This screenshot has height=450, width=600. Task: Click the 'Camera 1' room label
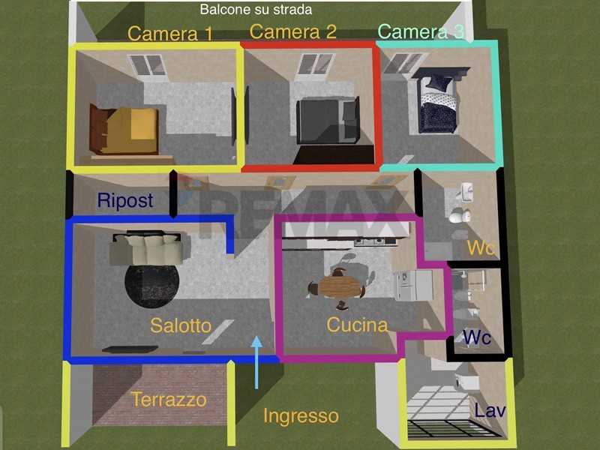(x=170, y=34)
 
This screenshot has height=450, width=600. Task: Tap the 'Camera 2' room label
(x=293, y=31)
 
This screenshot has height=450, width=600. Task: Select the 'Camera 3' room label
(x=421, y=31)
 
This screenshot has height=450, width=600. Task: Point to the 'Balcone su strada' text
(x=256, y=10)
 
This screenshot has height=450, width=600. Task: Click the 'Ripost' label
(x=125, y=201)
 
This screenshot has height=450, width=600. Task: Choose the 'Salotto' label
(x=181, y=325)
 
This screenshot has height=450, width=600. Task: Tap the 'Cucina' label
(x=357, y=325)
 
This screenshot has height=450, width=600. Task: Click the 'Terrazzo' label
(x=169, y=399)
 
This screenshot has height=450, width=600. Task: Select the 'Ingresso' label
(x=301, y=415)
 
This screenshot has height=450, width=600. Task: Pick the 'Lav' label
(x=490, y=411)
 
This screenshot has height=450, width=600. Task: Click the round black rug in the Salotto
(x=152, y=283)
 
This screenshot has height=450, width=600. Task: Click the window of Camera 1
(x=148, y=66)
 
